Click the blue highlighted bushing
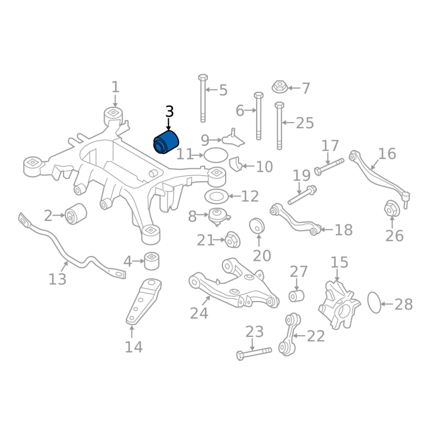166,142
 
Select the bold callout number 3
169,111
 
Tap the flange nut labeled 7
280,87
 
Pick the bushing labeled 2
75,214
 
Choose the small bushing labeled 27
296,296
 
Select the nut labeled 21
233,240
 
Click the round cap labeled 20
257,226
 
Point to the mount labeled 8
219,216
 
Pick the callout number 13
58,279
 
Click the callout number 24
199,314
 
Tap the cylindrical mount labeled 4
152,260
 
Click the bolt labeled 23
254,354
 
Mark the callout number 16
387,154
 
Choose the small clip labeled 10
236,164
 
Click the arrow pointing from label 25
289,123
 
